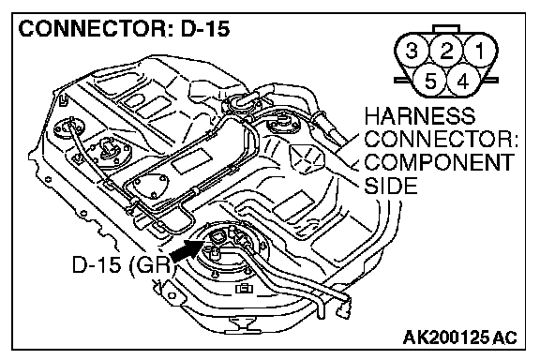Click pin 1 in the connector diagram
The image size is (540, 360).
pyautogui.click(x=480, y=51)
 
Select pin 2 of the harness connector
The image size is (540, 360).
pyautogui.click(x=446, y=51)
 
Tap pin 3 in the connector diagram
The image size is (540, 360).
pyautogui.click(x=412, y=51)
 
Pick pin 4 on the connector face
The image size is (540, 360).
pyautogui.click(x=463, y=82)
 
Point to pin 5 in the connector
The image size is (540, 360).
pyautogui.click(x=429, y=82)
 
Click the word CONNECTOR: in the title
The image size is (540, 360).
pyautogui.click(x=93, y=28)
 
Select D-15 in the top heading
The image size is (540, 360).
pyautogui.click(x=205, y=28)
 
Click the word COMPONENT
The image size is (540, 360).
pyautogui.click(x=440, y=162)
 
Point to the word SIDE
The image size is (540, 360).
pyautogui.click(x=391, y=186)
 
